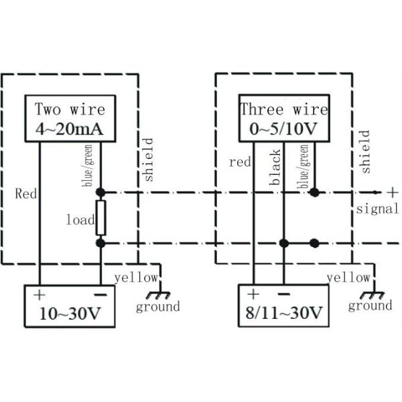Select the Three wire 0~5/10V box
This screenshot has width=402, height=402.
[284, 119]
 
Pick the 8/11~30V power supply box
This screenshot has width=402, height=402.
[283, 305]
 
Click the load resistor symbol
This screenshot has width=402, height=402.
[100, 218]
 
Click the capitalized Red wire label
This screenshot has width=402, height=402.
[26, 194]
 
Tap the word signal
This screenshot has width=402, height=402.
[377, 209]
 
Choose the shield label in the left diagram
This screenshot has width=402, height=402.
[148, 159]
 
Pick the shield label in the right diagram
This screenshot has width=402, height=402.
[365, 152]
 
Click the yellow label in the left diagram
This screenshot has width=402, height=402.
[136, 277]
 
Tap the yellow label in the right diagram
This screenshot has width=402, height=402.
[348, 277]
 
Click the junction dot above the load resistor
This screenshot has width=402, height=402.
[100, 192]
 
